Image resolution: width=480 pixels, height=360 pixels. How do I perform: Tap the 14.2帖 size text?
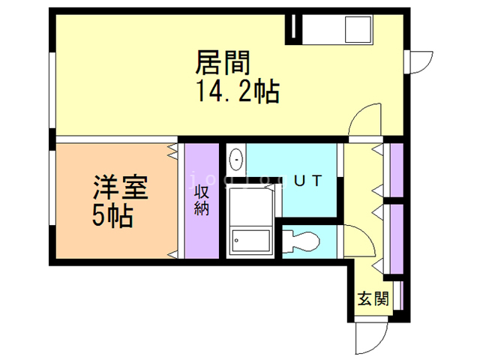(238, 92)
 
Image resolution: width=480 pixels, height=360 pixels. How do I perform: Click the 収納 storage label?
(202, 199)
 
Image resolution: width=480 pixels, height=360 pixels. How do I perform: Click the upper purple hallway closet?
(397, 171)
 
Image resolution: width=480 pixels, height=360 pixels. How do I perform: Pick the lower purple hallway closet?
(397, 237)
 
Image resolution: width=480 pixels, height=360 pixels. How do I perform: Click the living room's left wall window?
(51, 90)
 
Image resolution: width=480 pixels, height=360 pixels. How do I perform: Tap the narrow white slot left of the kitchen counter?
(295, 28)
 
